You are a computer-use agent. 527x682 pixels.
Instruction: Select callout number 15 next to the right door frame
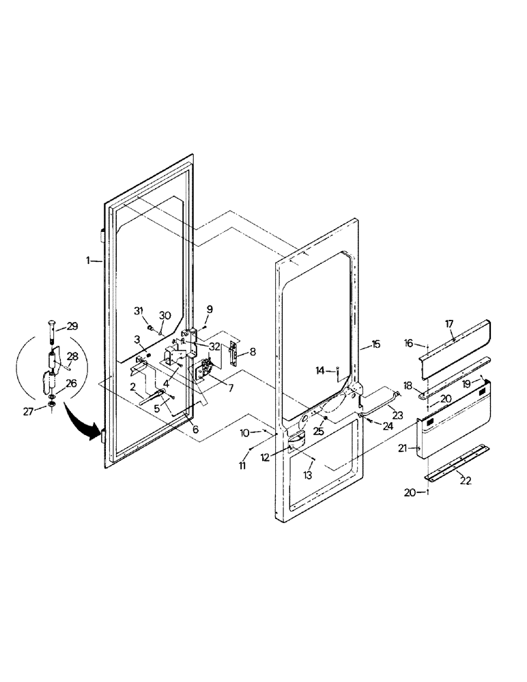pos(377,346)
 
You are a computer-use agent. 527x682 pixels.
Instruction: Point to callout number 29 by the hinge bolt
pos(72,327)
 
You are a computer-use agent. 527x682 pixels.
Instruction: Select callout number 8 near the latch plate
pos(253,353)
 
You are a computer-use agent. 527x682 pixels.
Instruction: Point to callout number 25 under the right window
pos(318,432)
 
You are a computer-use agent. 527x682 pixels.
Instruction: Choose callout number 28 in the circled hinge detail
pos(72,356)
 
